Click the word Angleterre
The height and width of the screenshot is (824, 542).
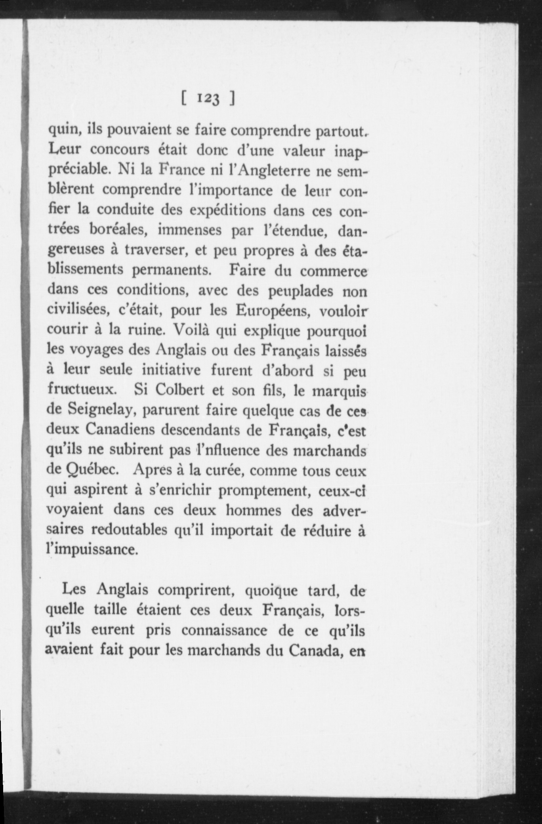271,171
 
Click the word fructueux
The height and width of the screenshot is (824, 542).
81,390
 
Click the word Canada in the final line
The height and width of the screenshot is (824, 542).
315,650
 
